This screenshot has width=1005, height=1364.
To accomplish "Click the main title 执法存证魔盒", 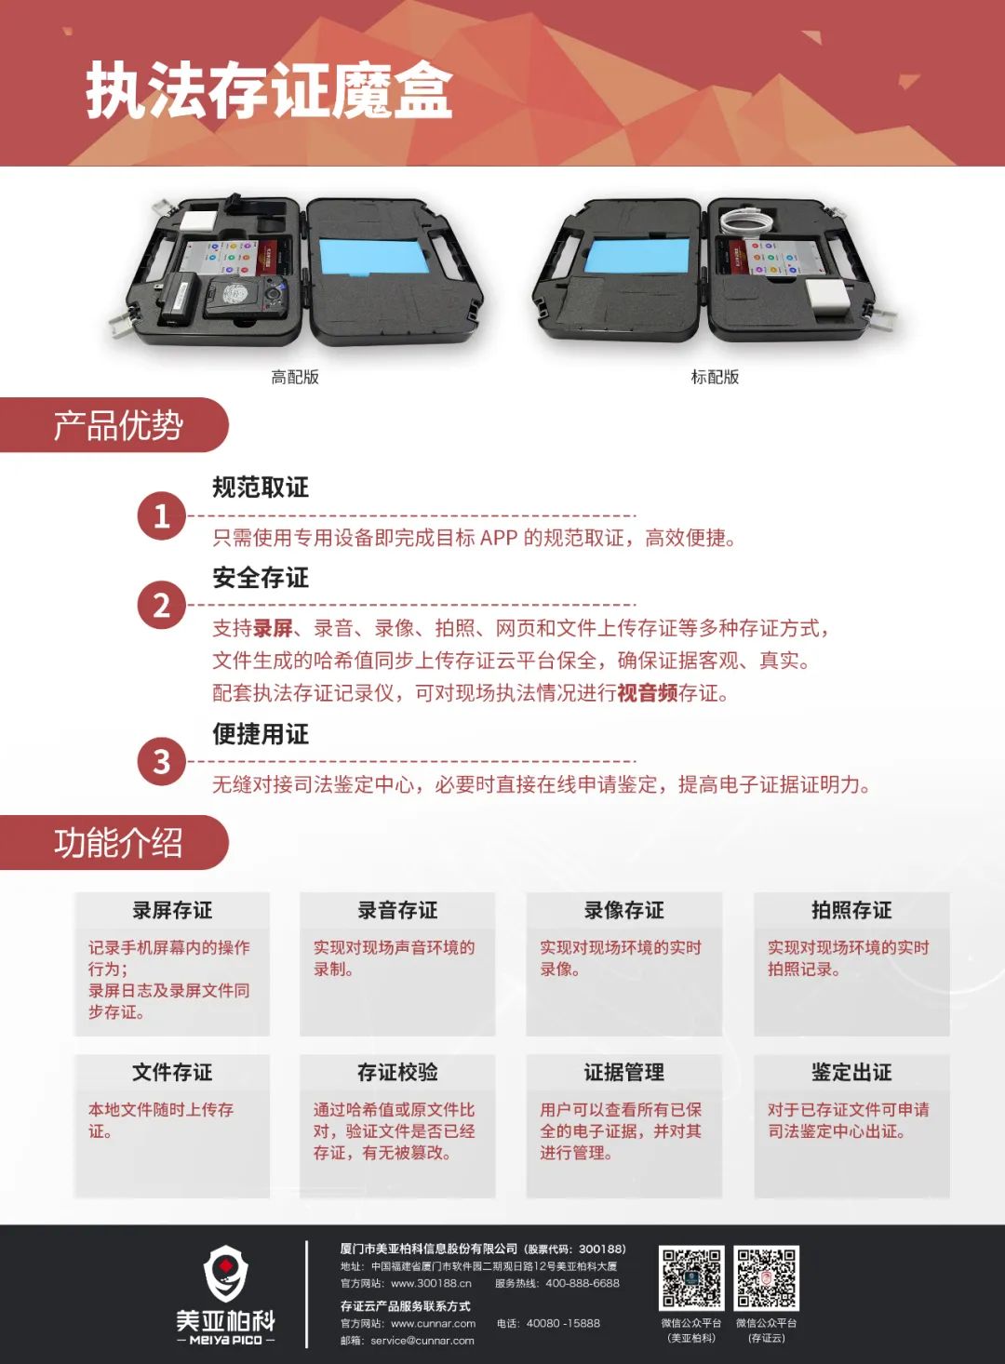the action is (269, 91).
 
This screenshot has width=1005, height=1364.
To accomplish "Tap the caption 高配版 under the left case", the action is (295, 377).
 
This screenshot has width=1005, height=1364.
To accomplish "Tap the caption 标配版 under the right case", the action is (715, 377).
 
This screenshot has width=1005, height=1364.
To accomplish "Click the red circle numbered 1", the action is (161, 516).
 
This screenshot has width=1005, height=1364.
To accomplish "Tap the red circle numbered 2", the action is (161, 606).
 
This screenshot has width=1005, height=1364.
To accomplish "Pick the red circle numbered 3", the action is (161, 761).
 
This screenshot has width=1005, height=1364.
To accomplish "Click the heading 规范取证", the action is (260, 488).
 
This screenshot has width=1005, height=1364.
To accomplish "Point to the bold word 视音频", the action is (648, 693).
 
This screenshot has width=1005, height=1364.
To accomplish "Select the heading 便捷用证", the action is (260, 734).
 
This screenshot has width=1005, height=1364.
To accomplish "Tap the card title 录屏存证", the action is (172, 910).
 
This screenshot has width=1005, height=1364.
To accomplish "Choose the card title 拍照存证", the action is (851, 910).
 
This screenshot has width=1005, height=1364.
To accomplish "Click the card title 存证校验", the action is (397, 1073).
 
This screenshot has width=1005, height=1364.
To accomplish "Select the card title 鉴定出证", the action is (851, 1073).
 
